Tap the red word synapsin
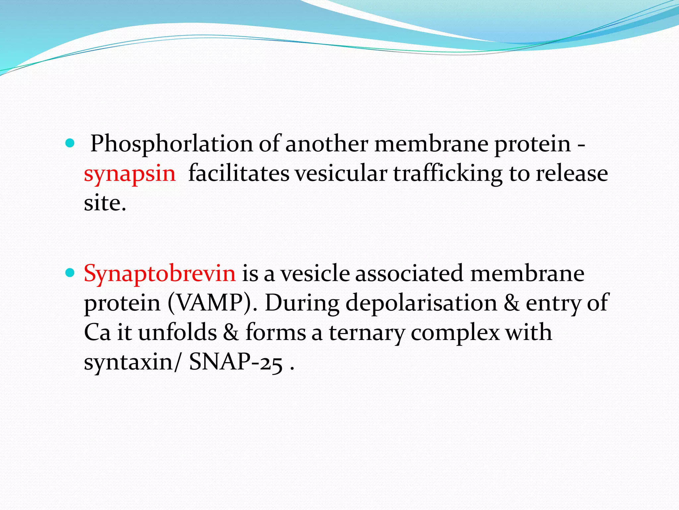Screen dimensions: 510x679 pos(130,174)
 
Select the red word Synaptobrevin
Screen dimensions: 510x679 pos(160,273)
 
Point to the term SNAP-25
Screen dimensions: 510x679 pos(236,362)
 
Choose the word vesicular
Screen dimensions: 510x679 pos(341,174)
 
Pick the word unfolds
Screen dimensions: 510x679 pos(177,332)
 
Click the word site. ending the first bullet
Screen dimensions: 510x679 pos(105,203)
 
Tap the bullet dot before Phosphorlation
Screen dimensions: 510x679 pos(70,144)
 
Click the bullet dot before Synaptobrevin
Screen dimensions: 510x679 pos(70,273)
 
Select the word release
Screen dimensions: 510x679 pos(572,174)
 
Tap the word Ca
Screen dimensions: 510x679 pos(97,332)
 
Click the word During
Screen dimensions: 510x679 pos(302,303)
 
